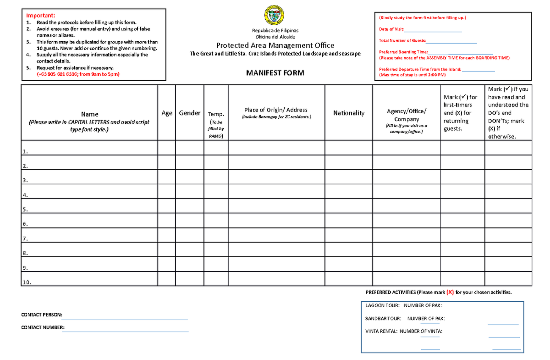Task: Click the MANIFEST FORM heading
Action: [x=275, y=73]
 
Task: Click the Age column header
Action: [x=167, y=113]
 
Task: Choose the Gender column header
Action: [x=189, y=113]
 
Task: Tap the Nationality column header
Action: [x=349, y=113]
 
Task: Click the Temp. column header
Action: [x=216, y=114]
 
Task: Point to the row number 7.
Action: [x=25, y=239]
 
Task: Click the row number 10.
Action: [x=27, y=282]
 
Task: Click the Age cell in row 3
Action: [x=167, y=177]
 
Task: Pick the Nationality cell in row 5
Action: [x=349, y=206]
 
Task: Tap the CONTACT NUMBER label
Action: [x=43, y=327]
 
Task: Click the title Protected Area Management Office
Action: [x=275, y=45]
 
